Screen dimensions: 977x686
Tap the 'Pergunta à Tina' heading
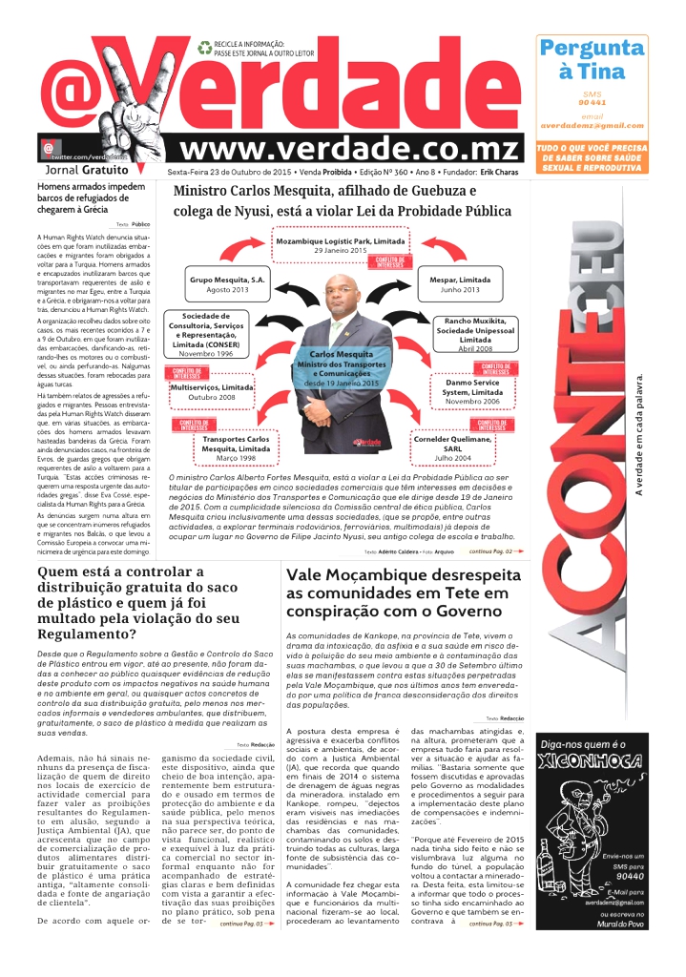[x=591, y=59]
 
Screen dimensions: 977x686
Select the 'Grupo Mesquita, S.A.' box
[x=227, y=283]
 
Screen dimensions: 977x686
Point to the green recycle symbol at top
[x=204, y=47]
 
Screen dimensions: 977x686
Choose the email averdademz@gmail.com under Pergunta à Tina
[x=592, y=125]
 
